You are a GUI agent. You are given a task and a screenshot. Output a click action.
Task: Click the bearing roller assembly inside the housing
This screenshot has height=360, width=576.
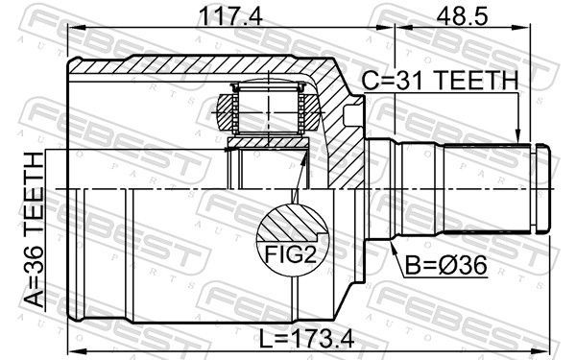[269, 108]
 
